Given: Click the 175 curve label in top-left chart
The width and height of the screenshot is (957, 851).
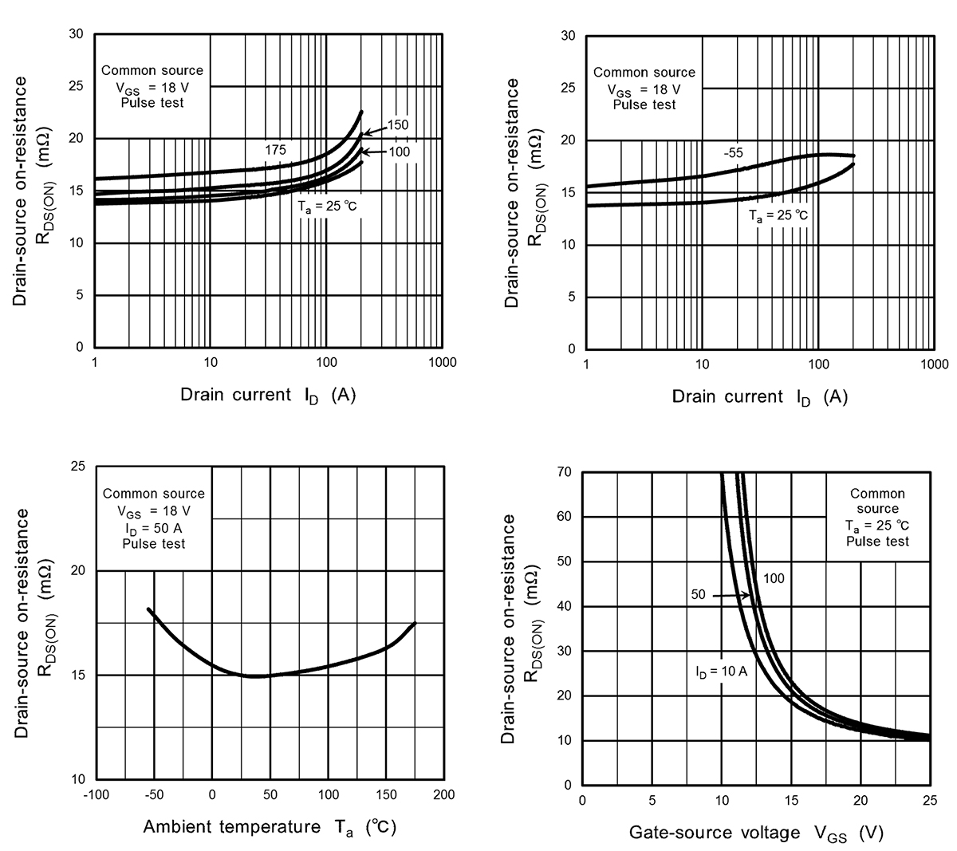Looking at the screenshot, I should click(275, 150).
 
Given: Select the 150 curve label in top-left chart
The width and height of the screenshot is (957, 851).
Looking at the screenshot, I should click(398, 125).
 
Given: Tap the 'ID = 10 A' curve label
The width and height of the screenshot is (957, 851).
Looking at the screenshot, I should click(720, 672).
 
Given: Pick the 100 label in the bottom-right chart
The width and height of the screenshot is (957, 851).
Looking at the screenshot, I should click(774, 578).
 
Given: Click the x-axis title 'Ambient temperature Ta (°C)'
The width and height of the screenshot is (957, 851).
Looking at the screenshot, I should click(270, 827).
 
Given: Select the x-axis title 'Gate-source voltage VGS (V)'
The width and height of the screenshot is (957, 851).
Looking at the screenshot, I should click(756, 833).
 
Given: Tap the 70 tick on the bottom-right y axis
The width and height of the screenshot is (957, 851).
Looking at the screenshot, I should click(565, 472).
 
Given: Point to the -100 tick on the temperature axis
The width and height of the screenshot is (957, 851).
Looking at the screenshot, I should click(95, 795).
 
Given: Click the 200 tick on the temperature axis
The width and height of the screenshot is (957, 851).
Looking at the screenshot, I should click(443, 795).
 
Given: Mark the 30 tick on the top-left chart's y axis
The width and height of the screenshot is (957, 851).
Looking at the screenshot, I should click(76, 34).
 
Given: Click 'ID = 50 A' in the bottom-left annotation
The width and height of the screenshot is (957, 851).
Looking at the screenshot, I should click(153, 527).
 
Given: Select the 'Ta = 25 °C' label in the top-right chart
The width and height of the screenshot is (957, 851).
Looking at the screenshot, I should click(778, 215).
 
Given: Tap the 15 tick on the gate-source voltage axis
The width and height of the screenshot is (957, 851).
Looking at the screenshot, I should click(790, 801).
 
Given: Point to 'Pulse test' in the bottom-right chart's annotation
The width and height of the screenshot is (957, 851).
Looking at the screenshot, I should click(877, 541).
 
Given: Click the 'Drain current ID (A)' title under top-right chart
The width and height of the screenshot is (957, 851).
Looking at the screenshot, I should click(759, 397).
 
